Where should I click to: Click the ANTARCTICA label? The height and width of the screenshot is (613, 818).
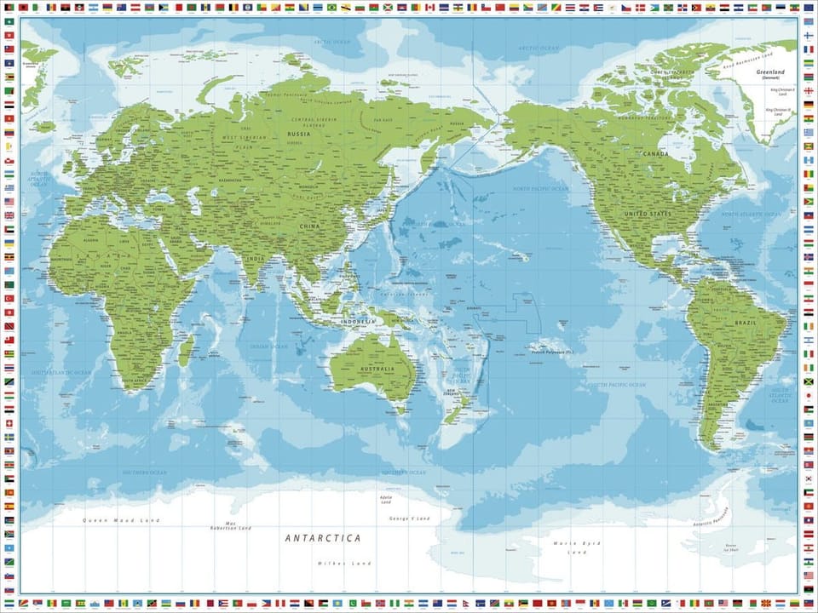point(322,538)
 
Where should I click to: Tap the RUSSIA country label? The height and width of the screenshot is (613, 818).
point(298,134)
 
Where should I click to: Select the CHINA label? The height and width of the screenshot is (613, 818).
point(309,226)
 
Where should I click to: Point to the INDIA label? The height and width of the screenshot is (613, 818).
point(255,259)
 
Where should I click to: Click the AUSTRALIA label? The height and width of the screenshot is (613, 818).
point(377,370)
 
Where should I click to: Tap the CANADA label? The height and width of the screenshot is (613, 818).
point(655,154)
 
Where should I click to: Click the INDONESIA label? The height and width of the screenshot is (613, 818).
point(359,321)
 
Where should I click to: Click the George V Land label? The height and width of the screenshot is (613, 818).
point(409,518)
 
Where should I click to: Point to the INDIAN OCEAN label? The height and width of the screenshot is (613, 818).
point(269,347)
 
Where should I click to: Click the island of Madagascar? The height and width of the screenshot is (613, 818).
point(185,349)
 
